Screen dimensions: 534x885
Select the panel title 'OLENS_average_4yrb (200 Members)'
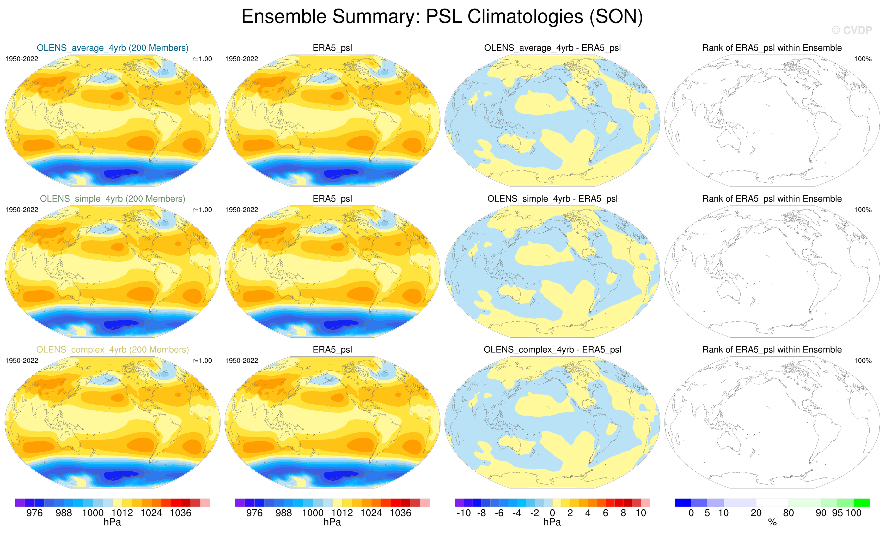tap(112, 48)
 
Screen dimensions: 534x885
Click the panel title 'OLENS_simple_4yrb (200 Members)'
tap(112, 199)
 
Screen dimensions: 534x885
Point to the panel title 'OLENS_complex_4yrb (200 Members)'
tap(112, 350)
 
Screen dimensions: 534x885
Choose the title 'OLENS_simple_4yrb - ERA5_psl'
tap(552, 199)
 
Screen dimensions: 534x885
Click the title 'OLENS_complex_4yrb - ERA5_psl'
tap(552, 350)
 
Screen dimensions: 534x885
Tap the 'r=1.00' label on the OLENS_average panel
tap(202, 59)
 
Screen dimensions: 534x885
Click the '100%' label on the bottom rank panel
tap(863, 361)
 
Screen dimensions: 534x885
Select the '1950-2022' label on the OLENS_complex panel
tap(22, 361)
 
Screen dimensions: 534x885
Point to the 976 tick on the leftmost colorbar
tap(34, 513)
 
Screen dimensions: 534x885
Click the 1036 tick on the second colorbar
tap(400, 513)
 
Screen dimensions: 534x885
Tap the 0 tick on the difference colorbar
tap(552, 513)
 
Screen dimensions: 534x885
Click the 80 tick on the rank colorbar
tap(788, 513)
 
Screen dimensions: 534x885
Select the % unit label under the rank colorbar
tap(772, 523)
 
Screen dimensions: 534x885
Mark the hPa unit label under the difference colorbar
tap(552, 522)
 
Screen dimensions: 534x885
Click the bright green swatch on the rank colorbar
tap(862, 502)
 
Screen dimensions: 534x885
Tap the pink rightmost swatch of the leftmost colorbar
tap(205, 502)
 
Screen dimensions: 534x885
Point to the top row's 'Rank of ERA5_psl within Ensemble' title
tap(772, 48)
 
